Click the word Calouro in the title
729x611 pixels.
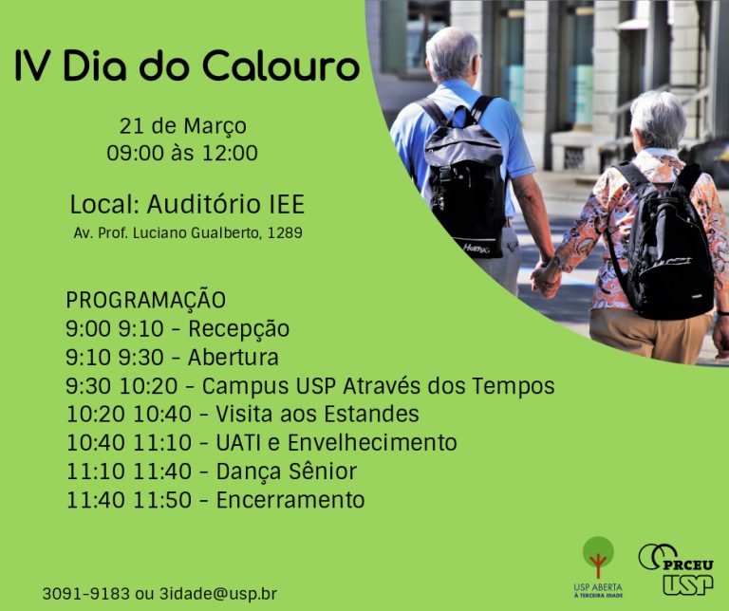[x=281, y=65]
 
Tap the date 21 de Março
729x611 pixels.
[x=182, y=126]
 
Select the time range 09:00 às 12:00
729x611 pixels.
[x=182, y=153]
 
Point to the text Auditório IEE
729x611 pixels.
[x=226, y=204]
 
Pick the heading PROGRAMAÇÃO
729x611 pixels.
[x=145, y=300]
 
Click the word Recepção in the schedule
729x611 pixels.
[x=238, y=329]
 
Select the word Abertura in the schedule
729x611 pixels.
[x=234, y=358]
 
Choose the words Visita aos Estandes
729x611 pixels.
[x=317, y=414]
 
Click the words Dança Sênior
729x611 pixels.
[x=287, y=472]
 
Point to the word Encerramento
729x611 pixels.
[x=290, y=500]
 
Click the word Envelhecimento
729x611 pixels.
[x=372, y=442]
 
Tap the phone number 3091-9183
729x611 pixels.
[x=86, y=593]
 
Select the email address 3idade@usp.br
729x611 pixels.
[x=218, y=594]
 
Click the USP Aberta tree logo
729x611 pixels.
[x=598, y=566]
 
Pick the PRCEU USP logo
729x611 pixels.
[x=676, y=569]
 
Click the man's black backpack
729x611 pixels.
[x=464, y=179]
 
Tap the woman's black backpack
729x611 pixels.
[x=664, y=242]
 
